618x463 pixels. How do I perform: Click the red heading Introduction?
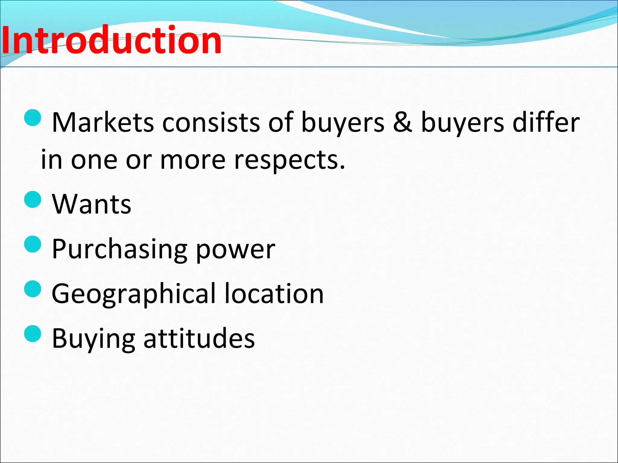point(112,40)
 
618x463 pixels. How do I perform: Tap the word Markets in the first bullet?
point(103,122)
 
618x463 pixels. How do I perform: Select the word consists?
point(211,122)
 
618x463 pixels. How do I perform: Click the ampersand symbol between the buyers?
point(403,122)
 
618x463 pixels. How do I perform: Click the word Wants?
point(91,204)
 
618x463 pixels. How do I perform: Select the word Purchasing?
point(119,249)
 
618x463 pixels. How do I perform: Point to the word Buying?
point(93,339)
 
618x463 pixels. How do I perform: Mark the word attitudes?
point(199,338)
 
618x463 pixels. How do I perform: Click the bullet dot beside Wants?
point(33,200)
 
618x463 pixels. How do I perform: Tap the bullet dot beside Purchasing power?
point(33,244)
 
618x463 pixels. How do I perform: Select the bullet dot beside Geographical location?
point(33,289)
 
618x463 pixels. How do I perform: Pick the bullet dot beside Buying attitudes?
point(33,334)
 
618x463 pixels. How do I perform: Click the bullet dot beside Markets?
point(33,118)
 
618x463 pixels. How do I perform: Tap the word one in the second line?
point(94,160)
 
